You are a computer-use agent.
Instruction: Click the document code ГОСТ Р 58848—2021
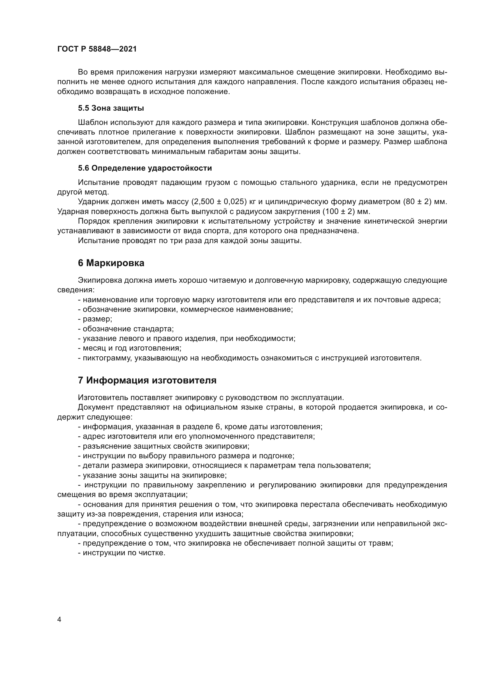click(97, 49)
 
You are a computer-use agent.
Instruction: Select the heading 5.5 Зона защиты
click(111, 108)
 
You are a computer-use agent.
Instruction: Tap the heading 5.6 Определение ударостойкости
click(145, 168)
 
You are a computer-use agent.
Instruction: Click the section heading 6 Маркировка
click(111, 263)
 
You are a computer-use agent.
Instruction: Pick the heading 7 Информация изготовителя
click(147, 381)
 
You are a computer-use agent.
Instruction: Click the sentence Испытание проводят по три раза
click(190, 241)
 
